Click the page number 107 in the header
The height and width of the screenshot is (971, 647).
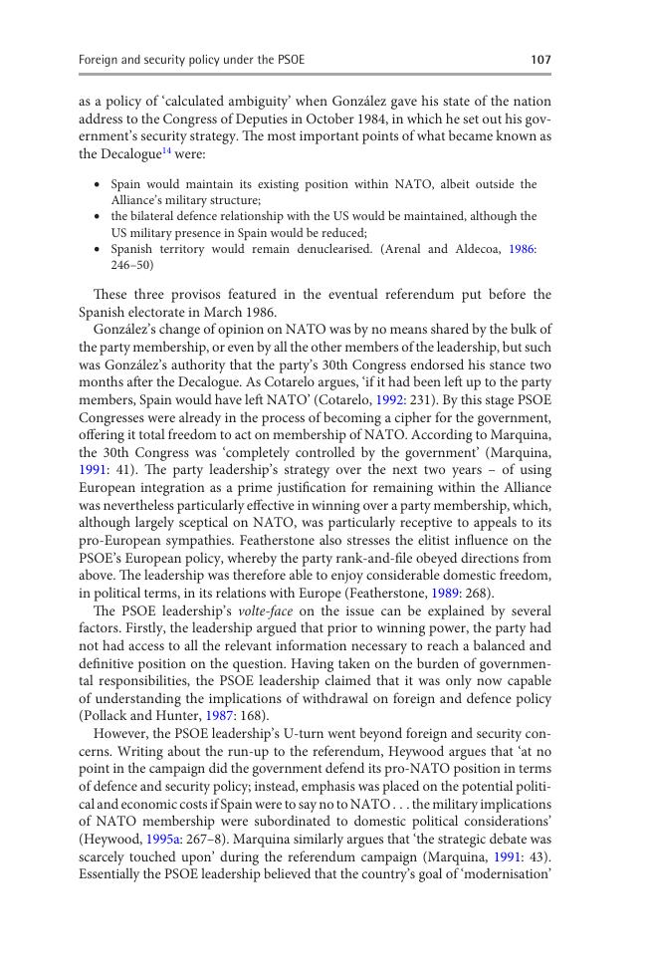pos(540,60)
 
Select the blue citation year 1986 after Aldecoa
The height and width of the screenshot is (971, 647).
pos(522,249)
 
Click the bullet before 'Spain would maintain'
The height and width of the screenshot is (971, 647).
pos(97,184)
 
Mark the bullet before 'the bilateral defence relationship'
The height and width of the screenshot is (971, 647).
pos(97,216)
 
